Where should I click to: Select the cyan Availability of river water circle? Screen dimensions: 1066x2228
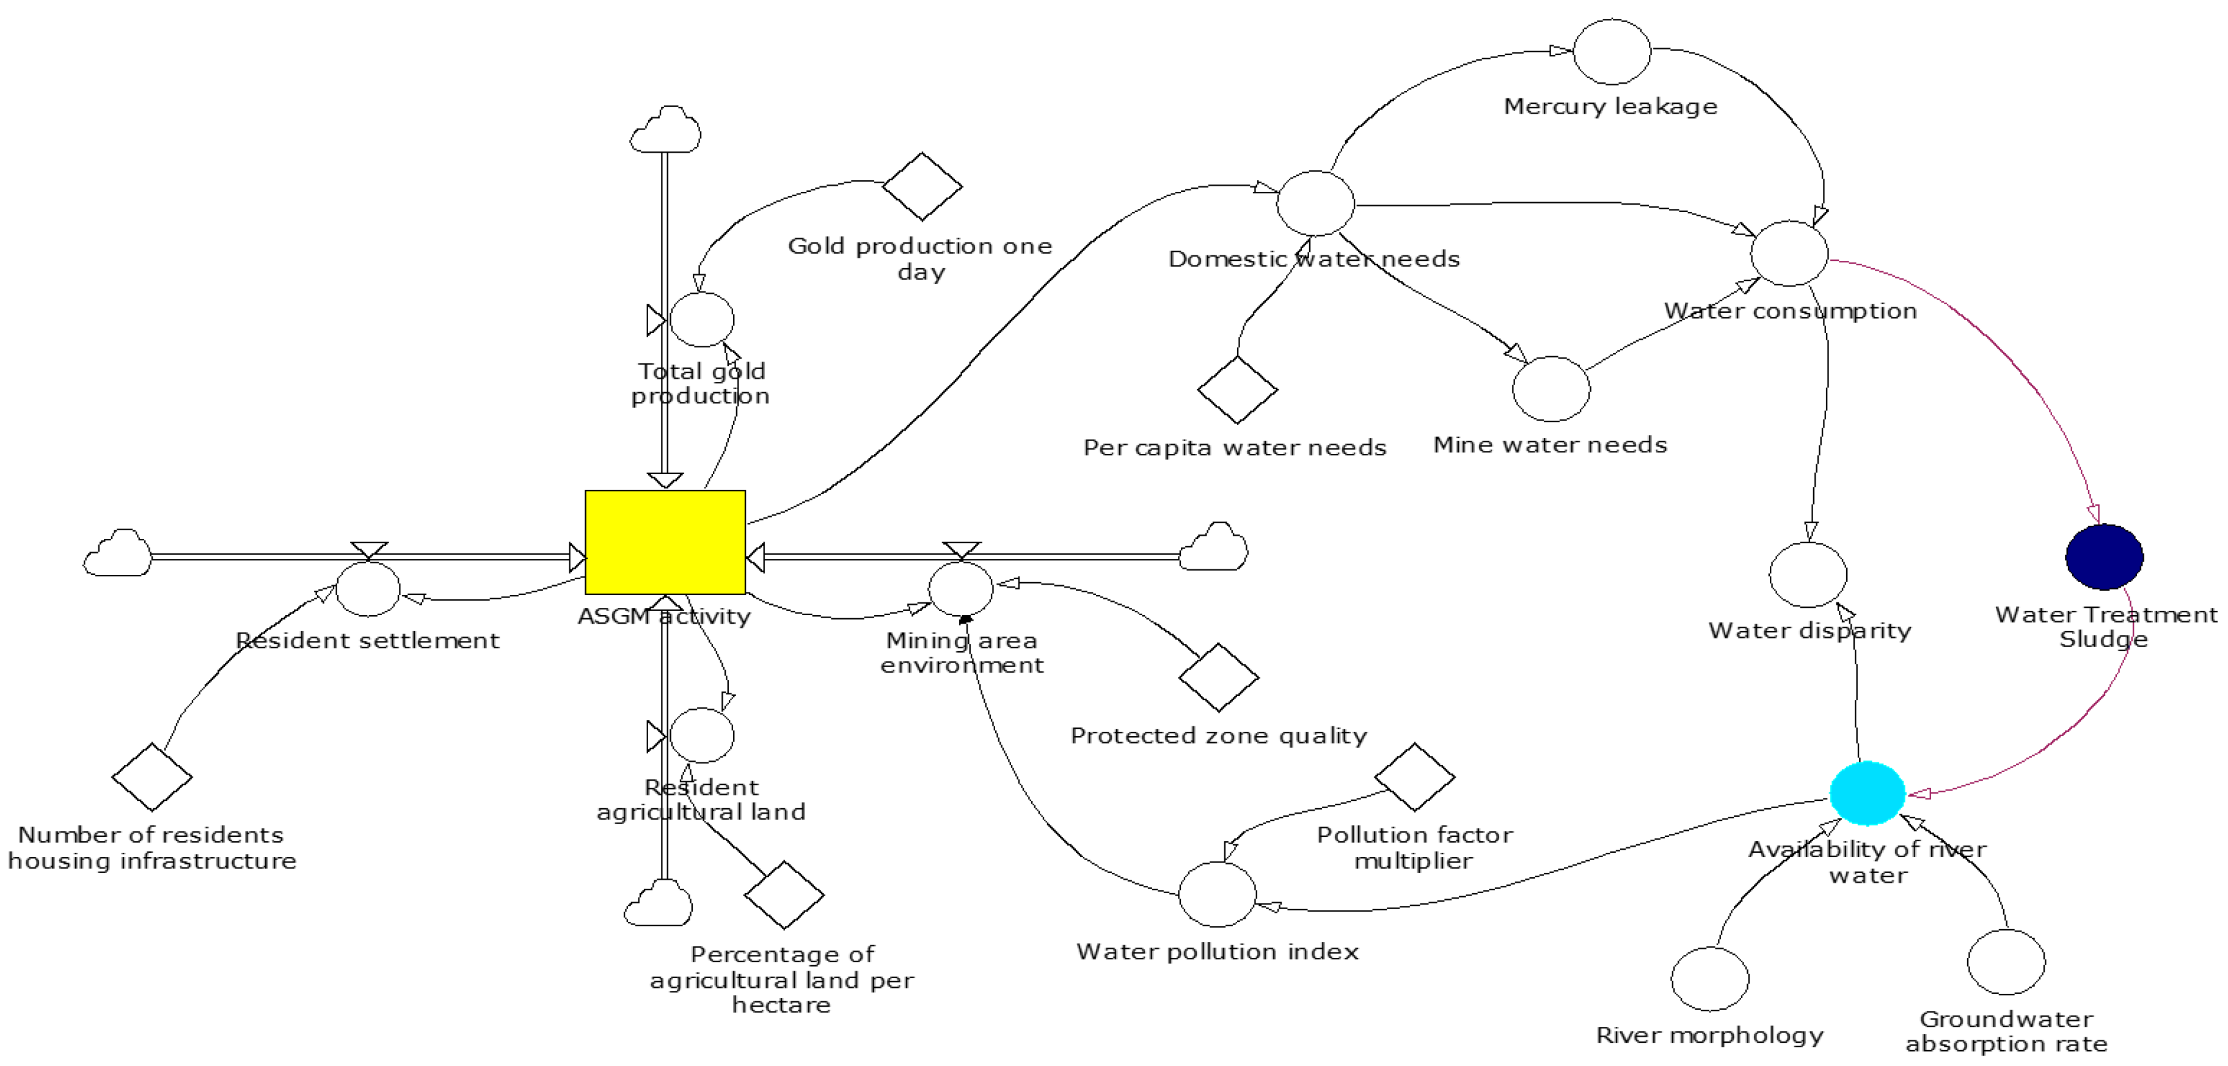[x=1866, y=793]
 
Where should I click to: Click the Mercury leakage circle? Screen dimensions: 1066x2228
[x=1612, y=52]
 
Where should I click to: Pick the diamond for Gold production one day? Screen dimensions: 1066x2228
[x=922, y=187]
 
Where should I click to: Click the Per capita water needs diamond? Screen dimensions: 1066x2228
[x=1237, y=390]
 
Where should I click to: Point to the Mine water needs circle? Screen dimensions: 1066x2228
[x=1550, y=389]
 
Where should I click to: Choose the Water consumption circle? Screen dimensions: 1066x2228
[x=1789, y=254]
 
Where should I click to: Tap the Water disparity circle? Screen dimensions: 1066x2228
[x=1808, y=575]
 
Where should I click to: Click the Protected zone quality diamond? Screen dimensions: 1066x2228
[x=1219, y=677]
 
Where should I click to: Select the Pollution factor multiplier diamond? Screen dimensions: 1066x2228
[x=1414, y=777]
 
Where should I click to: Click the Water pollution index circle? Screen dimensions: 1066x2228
[x=1217, y=894]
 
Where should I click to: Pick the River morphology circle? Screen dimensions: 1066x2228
[x=1710, y=978]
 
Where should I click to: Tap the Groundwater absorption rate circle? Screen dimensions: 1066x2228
[x=2006, y=962]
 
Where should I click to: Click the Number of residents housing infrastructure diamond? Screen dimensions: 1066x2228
[x=152, y=777]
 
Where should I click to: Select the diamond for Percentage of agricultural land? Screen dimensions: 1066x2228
[x=784, y=895]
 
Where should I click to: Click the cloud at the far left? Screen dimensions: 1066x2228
[x=118, y=553]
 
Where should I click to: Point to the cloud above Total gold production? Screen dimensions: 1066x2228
[x=665, y=131]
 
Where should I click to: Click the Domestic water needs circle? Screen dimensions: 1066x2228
[x=1315, y=203]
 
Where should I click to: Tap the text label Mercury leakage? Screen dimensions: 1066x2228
[x=1610, y=106]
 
